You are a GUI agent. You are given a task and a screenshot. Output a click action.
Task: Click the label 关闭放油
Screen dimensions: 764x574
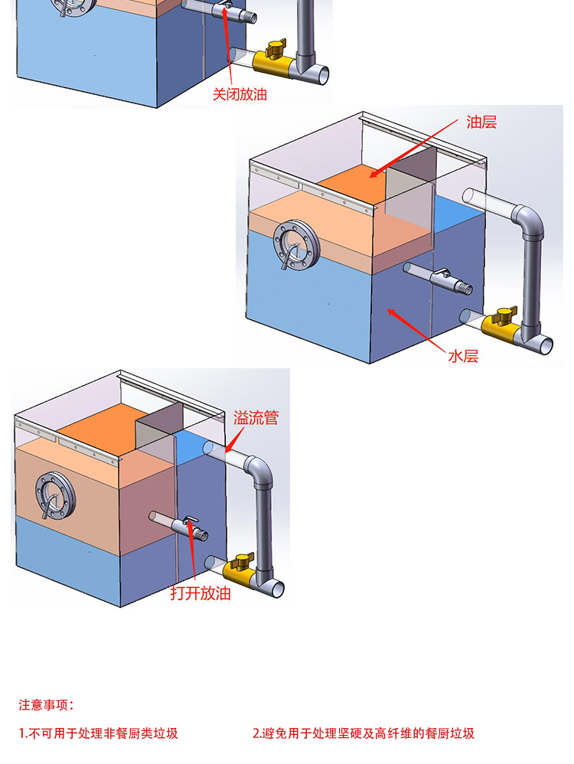point(240,95)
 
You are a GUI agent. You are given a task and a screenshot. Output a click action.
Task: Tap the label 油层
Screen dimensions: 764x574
point(481,122)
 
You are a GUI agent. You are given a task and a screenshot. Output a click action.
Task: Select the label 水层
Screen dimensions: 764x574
point(462,355)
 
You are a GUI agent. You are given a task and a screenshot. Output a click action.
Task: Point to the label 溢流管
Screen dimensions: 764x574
point(256,418)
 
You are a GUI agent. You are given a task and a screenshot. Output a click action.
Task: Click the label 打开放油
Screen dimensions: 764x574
point(201,593)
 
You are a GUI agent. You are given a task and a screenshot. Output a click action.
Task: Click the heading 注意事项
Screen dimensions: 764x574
point(47,704)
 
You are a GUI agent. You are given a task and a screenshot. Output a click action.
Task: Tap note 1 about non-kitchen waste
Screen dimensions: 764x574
point(99,733)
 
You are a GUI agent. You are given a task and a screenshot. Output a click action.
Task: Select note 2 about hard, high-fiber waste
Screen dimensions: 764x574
point(364,733)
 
